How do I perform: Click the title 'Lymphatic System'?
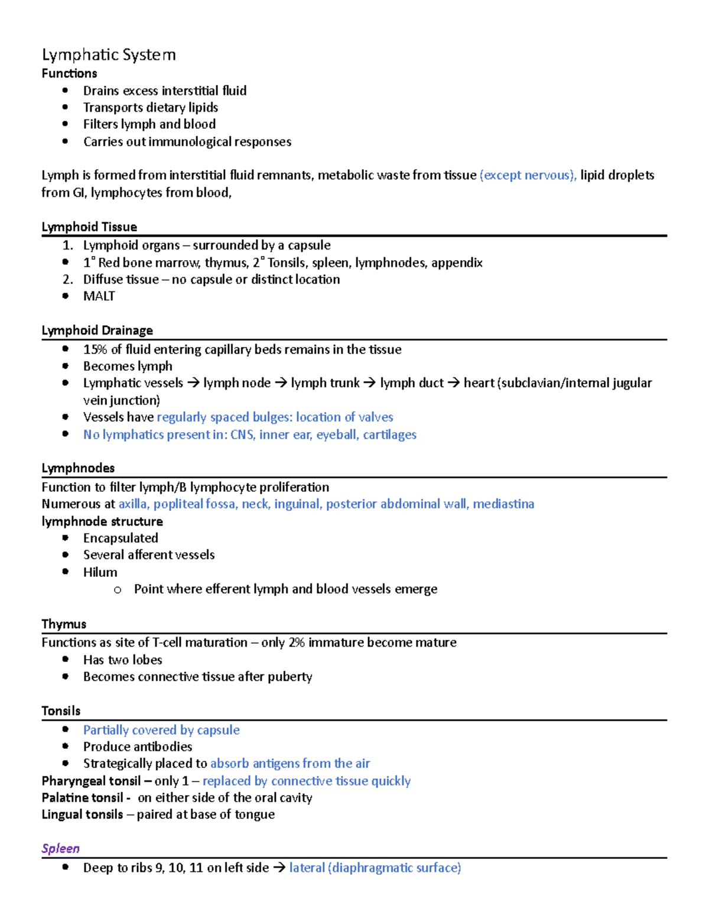tap(109, 55)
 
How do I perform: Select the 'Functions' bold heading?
tap(69, 74)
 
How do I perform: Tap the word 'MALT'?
tap(99, 296)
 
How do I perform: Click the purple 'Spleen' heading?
tap(60, 848)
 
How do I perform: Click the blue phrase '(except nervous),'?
tap(528, 175)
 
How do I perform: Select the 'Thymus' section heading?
tap(64, 624)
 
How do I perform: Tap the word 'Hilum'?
tap(100, 572)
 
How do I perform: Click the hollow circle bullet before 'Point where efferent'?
tap(118, 589)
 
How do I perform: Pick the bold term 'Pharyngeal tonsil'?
tap(91, 781)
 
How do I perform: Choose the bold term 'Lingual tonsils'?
tap(82, 815)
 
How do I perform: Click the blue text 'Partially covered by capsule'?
tap(161, 730)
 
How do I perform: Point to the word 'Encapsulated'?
tap(121, 538)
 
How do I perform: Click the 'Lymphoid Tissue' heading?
tap(89, 227)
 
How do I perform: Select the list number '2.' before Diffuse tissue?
tap(67, 280)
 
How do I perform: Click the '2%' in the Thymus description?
tap(297, 643)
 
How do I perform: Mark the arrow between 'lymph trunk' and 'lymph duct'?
tap(369, 383)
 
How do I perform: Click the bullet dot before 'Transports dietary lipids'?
tap(66, 108)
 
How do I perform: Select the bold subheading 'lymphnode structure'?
tap(102, 521)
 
